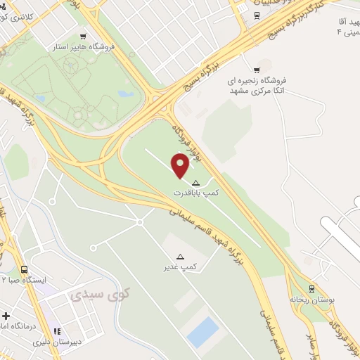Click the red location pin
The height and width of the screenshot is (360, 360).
pos(181,166)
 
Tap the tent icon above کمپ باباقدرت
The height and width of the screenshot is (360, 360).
pos(195,182)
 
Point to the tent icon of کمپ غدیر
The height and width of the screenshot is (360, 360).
pos(180,257)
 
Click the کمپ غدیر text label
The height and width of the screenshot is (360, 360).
pos(180,267)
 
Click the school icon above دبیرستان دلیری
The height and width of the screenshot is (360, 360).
pos(58,331)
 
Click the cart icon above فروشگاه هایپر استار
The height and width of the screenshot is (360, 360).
pos(83,36)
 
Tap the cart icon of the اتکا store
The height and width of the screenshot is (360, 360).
pos(257,69)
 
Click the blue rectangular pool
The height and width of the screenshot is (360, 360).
pos(203,332)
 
